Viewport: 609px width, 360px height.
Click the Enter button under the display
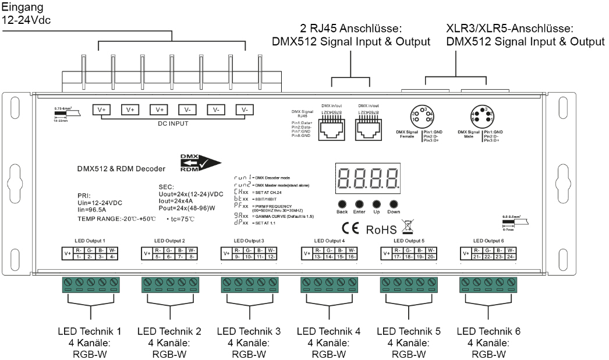[359, 204]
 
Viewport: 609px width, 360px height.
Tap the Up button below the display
[376, 204]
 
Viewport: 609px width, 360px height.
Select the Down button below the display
[394, 204]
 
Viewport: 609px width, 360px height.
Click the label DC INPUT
[174, 124]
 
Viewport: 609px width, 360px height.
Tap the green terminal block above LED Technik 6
[488, 285]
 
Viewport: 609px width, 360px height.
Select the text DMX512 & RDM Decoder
[122, 169]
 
